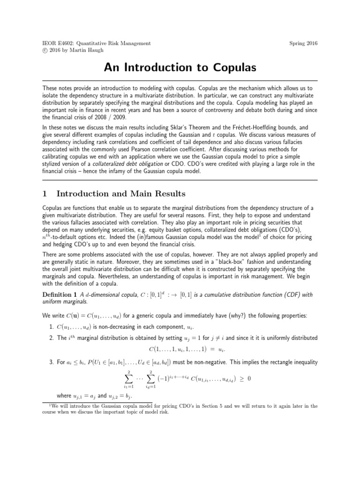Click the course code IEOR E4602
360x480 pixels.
pos(59,43)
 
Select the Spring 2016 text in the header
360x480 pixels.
pos(303,43)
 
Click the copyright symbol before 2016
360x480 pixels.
pos(45,50)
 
